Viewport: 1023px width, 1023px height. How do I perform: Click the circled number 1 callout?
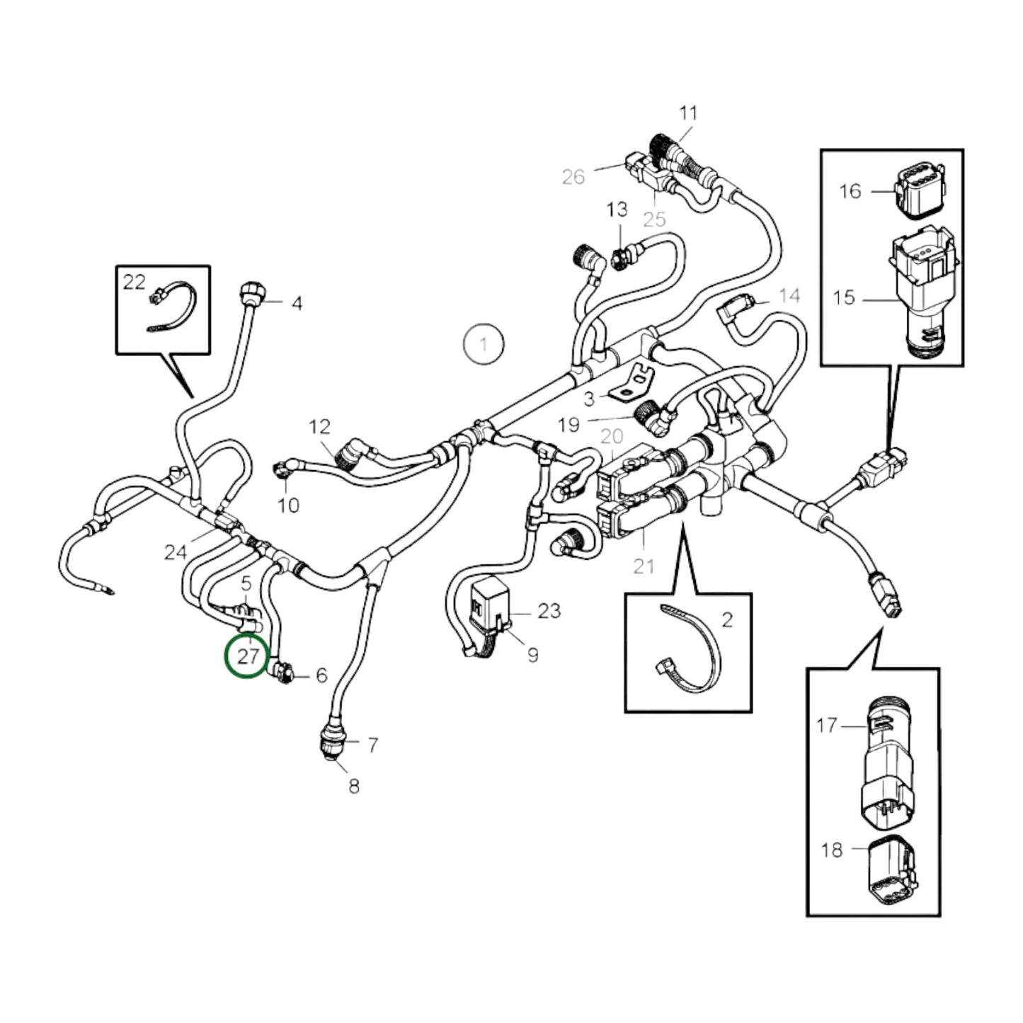tap(484, 345)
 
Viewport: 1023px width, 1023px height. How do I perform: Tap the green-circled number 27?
tap(247, 656)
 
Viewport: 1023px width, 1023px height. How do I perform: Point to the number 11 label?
tap(688, 113)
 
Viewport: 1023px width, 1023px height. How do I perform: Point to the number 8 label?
tap(354, 786)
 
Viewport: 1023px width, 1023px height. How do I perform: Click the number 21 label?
tap(644, 566)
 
